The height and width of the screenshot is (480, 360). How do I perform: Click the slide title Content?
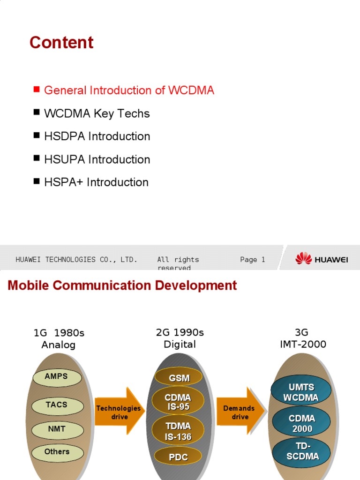[x=61, y=43]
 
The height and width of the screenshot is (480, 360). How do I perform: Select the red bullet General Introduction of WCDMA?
[x=129, y=90]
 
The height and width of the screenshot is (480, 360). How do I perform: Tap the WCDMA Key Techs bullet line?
[x=97, y=113]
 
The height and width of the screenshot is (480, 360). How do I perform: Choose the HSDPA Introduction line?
[x=97, y=136]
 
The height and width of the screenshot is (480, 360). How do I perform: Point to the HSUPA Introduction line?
[x=97, y=159]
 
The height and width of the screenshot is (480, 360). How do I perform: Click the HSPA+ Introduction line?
[x=96, y=182]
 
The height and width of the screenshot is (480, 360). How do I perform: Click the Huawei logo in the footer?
[x=322, y=259]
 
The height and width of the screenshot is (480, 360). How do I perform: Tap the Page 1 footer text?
[x=252, y=260]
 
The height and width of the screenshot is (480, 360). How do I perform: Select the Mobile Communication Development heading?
[x=122, y=285]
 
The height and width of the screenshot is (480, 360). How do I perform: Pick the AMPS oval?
[x=57, y=377]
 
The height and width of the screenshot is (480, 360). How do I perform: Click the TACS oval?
[x=57, y=405]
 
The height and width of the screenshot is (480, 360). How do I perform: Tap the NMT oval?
[x=57, y=429]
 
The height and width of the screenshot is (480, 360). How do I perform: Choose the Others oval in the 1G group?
[x=57, y=452]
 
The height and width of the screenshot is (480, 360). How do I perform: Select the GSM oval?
[x=179, y=378]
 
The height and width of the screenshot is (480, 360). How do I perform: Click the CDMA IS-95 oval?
[x=178, y=402]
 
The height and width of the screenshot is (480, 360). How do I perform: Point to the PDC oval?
[x=178, y=457]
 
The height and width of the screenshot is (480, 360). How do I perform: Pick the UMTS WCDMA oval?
[x=301, y=392]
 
